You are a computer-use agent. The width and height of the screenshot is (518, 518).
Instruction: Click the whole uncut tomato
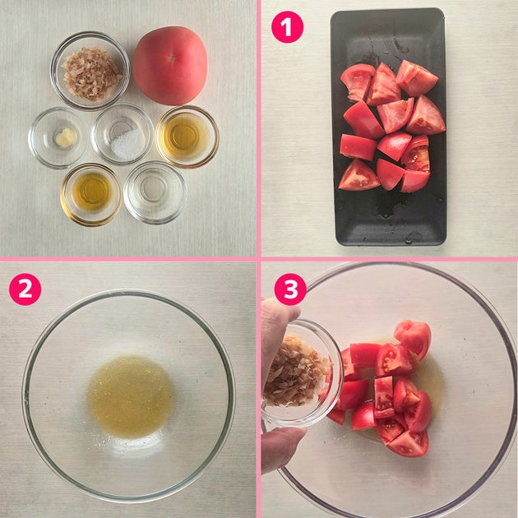pyautogui.click(x=170, y=66)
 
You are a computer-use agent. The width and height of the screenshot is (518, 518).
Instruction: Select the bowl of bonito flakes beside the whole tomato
pyautogui.click(x=90, y=71)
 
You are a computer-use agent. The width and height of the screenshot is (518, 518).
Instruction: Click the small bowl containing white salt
pyautogui.click(x=123, y=135)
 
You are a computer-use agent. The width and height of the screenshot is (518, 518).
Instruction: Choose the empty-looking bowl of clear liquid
pyautogui.click(x=155, y=192)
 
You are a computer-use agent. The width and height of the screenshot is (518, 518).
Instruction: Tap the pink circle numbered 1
pyautogui.click(x=287, y=27)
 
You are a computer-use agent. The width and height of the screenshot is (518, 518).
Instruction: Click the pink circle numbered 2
pyautogui.click(x=25, y=289)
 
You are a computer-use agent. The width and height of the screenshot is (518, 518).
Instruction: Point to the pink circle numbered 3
pyautogui.click(x=290, y=289)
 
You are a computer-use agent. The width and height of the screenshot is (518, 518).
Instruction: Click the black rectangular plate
pyautogui.click(x=388, y=127)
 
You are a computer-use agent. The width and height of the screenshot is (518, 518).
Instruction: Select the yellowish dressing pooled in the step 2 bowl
pyautogui.click(x=130, y=397)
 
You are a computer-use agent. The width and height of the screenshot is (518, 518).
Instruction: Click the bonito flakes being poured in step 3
pyautogui.click(x=294, y=372)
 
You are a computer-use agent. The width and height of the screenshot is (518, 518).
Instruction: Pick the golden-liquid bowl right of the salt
pyautogui.click(x=187, y=136)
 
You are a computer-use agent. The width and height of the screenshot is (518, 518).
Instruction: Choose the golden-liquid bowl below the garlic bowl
pyautogui.click(x=91, y=195)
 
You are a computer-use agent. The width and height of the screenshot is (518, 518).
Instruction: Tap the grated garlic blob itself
pyautogui.click(x=66, y=137)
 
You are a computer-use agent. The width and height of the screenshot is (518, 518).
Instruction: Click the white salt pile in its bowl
pyautogui.click(x=127, y=144)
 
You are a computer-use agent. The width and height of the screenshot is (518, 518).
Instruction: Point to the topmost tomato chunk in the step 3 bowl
pyautogui.click(x=413, y=338)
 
